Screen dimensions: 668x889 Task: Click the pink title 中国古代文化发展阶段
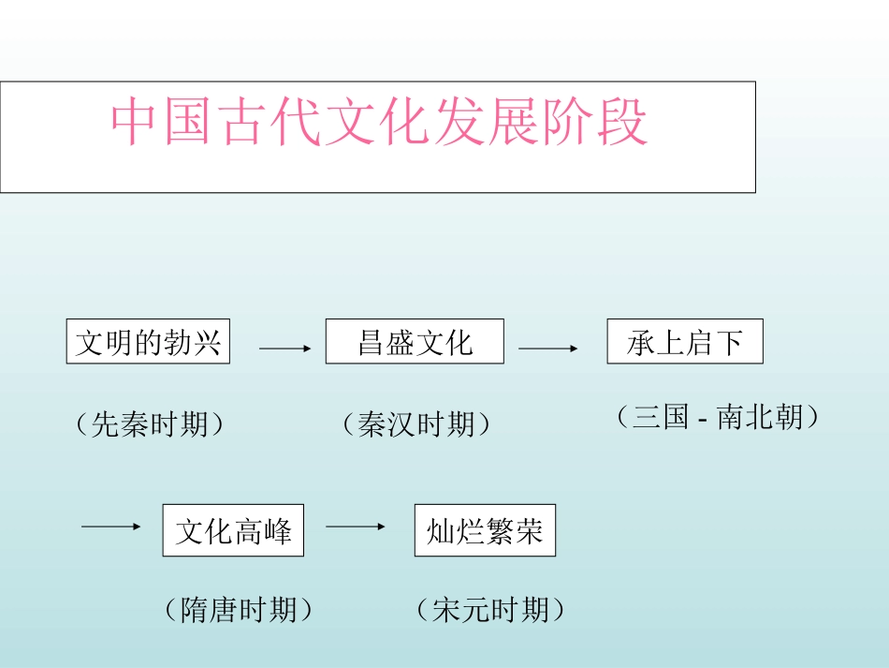(x=379, y=123)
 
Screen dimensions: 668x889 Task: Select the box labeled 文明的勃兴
(x=148, y=342)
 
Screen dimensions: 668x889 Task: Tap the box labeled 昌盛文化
(x=415, y=342)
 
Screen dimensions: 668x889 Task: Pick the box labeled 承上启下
(x=685, y=342)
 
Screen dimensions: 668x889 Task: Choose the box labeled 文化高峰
(x=233, y=531)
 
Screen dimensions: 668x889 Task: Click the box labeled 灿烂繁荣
(x=485, y=531)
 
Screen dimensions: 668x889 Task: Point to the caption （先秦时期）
(x=150, y=424)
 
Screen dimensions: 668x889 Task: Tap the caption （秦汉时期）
(x=416, y=424)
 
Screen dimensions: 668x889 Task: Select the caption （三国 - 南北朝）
(x=718, y=417)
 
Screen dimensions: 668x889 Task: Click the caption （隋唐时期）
(x=239, y=611)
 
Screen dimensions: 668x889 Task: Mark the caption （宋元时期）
(x=491, y=611)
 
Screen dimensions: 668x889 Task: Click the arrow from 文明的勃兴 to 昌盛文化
(x=284, y=349)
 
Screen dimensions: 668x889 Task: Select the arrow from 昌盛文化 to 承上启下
(x=548, y=349)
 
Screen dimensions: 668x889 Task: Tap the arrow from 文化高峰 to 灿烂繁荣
(x=356, y=527)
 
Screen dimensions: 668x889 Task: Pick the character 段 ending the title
(x=622, y=123)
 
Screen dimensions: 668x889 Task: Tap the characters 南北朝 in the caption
(x=760, y=417)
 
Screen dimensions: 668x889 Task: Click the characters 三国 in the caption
(x=661, y=417)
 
